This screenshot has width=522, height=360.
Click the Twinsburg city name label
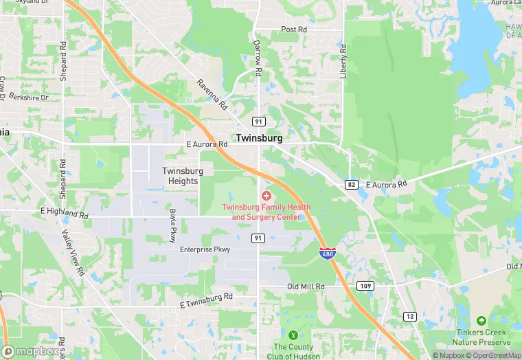point(259,138)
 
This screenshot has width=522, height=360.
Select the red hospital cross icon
point(266,196)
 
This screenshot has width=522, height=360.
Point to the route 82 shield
point(352,184)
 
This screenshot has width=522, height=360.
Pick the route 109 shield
point(364,285)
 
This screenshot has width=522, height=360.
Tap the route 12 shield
point(410,316)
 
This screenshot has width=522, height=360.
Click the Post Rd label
point(293,30)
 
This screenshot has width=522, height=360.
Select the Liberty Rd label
point(343,61)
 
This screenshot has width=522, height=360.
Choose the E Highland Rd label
point(65,212)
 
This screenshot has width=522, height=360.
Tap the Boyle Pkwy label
point(173,225)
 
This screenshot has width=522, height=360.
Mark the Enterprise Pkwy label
point(205,249)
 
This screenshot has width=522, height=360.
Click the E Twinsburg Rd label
point(206,300)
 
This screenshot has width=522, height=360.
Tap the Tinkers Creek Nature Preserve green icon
point(481,321)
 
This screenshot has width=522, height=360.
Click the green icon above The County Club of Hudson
point(293,335)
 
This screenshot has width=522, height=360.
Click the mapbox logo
point(30,351)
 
